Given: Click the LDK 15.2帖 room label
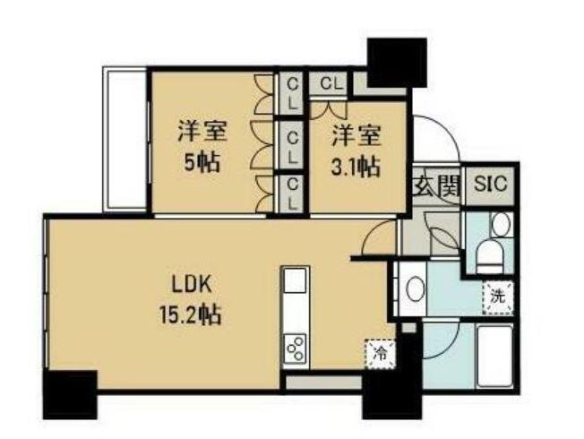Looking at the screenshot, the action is click(x=190, y=299).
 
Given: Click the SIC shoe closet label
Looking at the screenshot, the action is click(x=491, y=184).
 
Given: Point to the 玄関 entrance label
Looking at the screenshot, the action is click(x=437, y=185).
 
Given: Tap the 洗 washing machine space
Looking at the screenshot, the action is click(x=498, y=297).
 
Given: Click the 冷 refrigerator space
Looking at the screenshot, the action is click(x=380, y=354).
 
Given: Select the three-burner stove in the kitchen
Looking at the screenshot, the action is click(x=296, y=349).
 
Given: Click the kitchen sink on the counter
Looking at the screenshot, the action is click(x=296, y=280).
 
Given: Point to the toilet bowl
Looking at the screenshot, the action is click(x=490, y=256).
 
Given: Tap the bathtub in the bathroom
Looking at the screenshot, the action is click(x=494, y=357).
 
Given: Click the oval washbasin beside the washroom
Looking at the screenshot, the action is click(x=416, y=289).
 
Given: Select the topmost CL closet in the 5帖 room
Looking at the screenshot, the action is click(x=293, y=94).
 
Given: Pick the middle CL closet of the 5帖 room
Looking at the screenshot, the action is click(x=293, y=147).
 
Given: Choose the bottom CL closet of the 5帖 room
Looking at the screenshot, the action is click(x=293, y=194).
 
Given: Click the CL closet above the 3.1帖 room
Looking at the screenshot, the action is click(x=330, y=84).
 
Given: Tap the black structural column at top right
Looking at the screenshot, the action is click(x=397, y=63).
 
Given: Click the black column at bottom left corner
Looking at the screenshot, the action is click(x=71, y=395).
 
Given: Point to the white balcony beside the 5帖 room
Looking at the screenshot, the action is click(x=125, y=140).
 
